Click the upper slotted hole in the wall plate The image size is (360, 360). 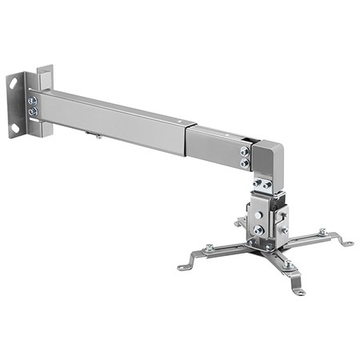(x=14, y=82)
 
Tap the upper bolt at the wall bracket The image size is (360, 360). (x=33, y=101)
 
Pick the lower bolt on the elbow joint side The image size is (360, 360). (x=244, y=162)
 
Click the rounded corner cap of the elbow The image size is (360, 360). (x=268, y=156)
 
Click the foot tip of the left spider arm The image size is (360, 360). (x=183, y=266)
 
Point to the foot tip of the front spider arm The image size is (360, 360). (x=299, y=292)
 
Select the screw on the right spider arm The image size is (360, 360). (x=322, y=232)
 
